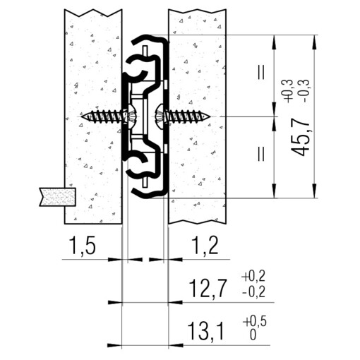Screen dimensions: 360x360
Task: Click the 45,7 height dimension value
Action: coord(300,139)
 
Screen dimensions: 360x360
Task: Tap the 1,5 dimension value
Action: coord(83,246)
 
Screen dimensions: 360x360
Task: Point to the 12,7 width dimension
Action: coord(208,287)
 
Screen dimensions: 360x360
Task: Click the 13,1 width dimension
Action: coord(206,331)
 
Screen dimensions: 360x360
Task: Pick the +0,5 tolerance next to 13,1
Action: coord(255,321)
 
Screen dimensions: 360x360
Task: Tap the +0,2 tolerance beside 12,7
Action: coord(253,276)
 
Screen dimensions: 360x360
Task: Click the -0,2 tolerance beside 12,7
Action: coord(253,292)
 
